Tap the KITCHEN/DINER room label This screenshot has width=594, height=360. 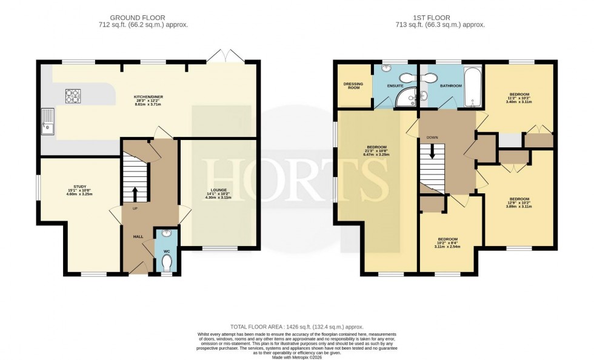[149, 96]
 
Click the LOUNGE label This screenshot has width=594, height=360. [218, 190]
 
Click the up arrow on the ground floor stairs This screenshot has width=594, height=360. [135, 193]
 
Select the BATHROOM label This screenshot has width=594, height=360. [450, 85]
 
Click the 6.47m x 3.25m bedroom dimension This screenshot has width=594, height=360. [376, 155]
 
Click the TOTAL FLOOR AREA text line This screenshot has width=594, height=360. [296, 326]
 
